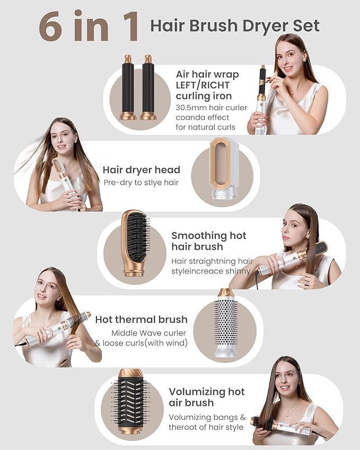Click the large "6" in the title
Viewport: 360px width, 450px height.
click(x=51, y=27)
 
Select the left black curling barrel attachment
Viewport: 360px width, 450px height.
click(x=128, y=87)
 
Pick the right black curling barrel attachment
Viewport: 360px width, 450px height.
click(x=148, y=87)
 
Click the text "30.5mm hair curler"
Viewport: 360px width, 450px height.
click(x=212, y=108)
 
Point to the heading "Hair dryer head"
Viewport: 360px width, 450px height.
click(x=141, y=170)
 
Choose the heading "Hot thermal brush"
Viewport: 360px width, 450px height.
click(x=141, y=320)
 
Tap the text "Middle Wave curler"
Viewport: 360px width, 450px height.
click(x=148, y=333)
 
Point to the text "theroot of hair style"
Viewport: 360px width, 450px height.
click(x=206, y=427)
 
